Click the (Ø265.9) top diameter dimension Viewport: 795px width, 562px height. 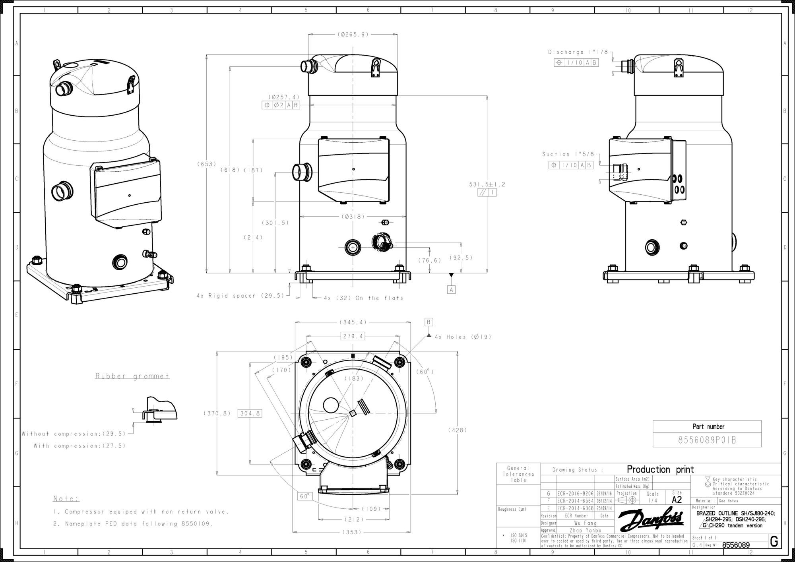point(353,35)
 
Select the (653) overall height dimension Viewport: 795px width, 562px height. point(207,164)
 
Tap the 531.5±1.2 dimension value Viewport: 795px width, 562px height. point(487,184)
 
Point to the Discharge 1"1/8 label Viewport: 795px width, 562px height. point(578,52)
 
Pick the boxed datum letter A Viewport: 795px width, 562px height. point(451,290)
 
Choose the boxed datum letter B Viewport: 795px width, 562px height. point(429,322)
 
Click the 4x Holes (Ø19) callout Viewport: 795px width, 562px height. point(463,337)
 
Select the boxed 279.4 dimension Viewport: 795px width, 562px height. point(353,336)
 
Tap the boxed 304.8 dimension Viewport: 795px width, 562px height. point(250,413)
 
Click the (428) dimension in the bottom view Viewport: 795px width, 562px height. point(458,430)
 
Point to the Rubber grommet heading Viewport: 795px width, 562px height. point(132,376)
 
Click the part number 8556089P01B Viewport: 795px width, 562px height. point(707,440)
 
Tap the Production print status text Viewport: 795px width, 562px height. point(660,469)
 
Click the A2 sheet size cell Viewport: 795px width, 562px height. point(677,500)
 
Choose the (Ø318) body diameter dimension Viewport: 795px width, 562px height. point(353,217)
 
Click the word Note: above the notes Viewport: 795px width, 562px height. point(66,499)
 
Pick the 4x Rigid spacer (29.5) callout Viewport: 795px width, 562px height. point(240,296)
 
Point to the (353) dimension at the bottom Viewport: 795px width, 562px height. point(351,532)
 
